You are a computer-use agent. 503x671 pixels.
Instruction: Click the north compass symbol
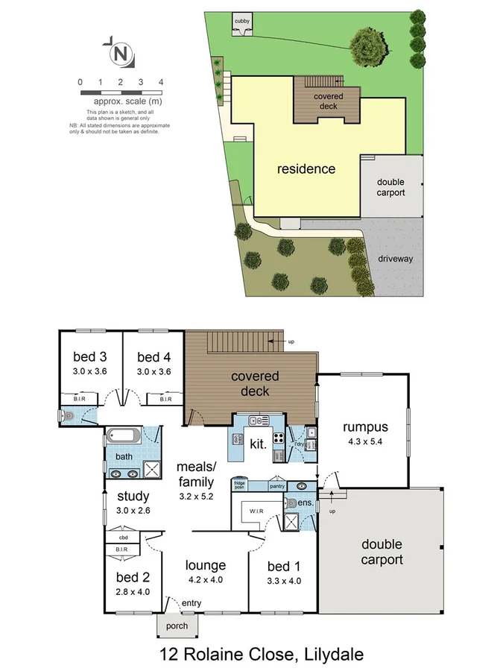[119, 54]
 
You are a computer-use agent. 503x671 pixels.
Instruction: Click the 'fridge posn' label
[240, 485]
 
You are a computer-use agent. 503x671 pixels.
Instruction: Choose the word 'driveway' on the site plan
[395, 259]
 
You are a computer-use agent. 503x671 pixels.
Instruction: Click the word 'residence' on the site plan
[306, 169]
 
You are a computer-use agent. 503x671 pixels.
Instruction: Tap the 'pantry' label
[277, 486]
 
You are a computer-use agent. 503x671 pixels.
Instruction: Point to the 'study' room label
[133, 496]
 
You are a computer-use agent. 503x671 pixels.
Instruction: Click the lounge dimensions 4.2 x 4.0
[205, 579]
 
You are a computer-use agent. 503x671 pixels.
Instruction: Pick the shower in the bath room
[152, 468]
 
